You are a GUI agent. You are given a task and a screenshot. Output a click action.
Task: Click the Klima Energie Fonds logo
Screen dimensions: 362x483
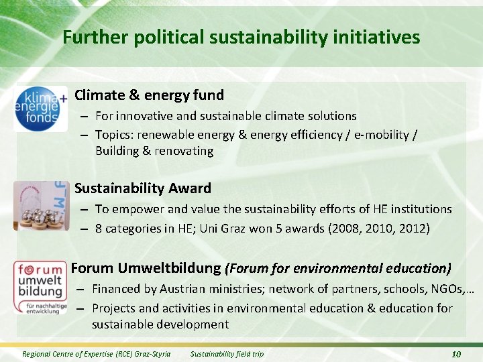click(x=41, y=108)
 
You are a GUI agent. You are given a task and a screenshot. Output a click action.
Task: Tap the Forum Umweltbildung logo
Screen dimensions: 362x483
click(x=41, y=288)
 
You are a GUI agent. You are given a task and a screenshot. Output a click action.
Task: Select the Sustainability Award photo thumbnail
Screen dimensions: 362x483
click(x=41, y=204)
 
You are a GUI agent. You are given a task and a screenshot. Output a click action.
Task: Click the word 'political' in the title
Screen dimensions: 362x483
click(x=169, y=37)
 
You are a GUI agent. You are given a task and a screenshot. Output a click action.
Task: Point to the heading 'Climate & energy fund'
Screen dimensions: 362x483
click(x=149, y=95)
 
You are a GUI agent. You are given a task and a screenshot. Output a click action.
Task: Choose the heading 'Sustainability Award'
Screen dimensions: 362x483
click(x=143, y=188)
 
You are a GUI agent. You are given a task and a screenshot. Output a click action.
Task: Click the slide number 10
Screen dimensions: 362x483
click(x=455, y=353)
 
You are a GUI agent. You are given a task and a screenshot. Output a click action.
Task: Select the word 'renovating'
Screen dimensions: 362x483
click(x=184, y=151)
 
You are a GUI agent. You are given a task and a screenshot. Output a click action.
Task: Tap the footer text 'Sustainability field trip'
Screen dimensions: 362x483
click(x=227, y=353)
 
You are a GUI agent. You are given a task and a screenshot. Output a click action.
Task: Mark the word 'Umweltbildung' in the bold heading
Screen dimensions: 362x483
click(x=170, y=268)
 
